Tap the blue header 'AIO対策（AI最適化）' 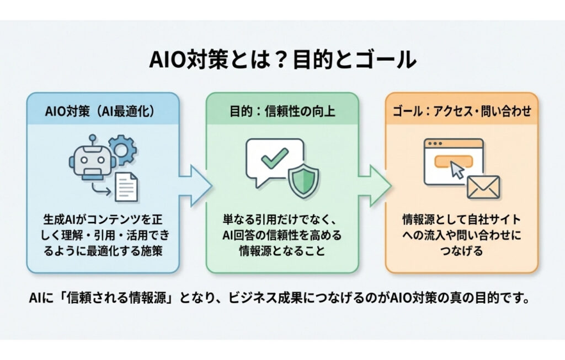click(x=103, y=111)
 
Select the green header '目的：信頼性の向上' click(x=282, y=111)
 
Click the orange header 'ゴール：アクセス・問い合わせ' click(x=461, y=111)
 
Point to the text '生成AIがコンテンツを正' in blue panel click(x=103, y=219)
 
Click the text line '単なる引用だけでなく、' click(x=282, y=219)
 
